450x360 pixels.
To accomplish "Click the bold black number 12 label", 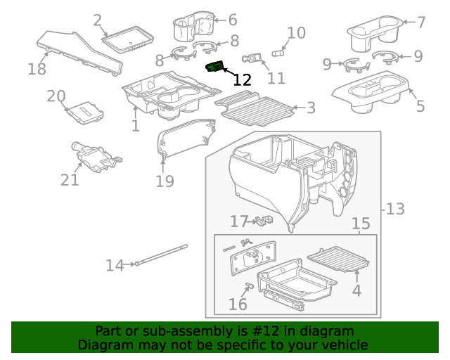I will (242, 79).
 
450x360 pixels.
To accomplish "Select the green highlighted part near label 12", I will (214, 67).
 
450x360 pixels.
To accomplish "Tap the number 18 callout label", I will (37, 69).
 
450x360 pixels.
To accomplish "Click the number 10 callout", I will (296, 32).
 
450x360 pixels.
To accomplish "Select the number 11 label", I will (276, 78).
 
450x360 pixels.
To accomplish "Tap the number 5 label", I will (420, 107).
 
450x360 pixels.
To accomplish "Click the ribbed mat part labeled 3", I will (253, 106).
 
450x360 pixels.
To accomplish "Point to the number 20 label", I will (56, 96).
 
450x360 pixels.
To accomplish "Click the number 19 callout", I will (164, 181).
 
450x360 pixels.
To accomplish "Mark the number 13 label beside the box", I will (395, 209).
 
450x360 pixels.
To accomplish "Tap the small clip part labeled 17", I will (265, 221).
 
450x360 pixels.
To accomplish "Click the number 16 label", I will (238, 304).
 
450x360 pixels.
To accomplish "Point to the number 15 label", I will (361, 224).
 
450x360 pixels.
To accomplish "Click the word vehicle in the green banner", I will (342, 345).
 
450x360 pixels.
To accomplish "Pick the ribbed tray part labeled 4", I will (342, 259).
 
